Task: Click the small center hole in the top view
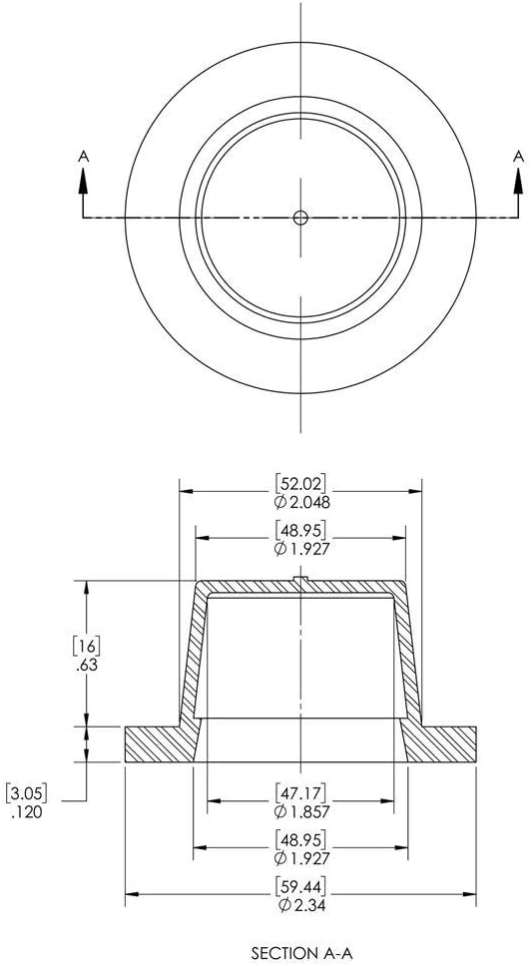(300, 217)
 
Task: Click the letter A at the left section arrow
(83, 157)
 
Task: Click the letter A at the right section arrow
(518, 157)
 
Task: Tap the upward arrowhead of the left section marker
(83, 182)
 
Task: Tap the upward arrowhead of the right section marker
(518, 182)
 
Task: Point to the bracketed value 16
(86, 647)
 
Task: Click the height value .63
(87, 666)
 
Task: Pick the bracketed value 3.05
(27, 791)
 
